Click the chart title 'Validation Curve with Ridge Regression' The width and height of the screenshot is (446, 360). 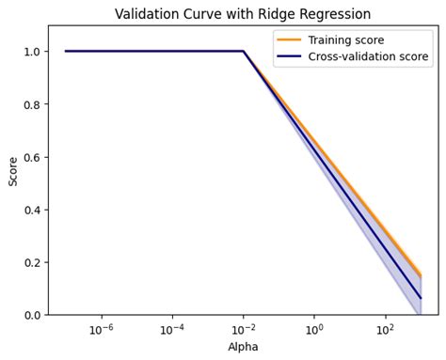coord(243,14)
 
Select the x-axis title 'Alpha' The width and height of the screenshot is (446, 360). coord(243,347)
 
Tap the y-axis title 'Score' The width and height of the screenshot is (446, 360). coord(13,170)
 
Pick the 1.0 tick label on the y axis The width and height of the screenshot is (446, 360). coord(31,52)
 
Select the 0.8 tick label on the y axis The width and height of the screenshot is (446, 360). coord(31,104)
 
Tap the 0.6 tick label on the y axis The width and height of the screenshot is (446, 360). coord(31,157)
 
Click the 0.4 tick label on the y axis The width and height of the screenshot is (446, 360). coord(31,210)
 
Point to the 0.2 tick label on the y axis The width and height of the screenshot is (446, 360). coord(31,262)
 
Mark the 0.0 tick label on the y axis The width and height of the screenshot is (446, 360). coord(31,315)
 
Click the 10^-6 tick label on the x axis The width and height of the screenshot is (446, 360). coord(101,329)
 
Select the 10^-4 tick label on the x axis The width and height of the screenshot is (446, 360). coord(172,329)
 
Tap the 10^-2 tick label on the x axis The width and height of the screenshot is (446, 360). coord(243,329)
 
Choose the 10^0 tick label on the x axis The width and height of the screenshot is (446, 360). coord(314,329)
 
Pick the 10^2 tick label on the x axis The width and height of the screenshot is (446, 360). coord(385,329)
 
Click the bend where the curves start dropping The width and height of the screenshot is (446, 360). coord(243,52)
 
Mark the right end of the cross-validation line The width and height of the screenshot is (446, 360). coord(421,298)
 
